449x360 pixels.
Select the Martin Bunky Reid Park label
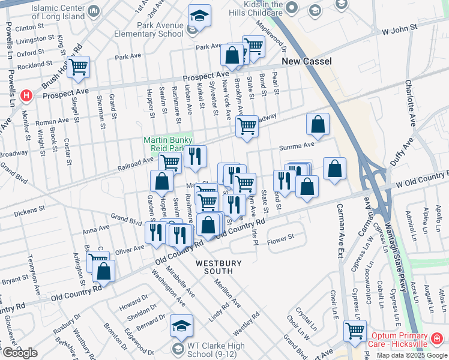pyautogui.click(x=164, y=144)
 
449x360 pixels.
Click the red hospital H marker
pyautogui.click(x=26, y=95)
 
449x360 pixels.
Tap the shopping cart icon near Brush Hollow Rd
pyautogui.click(x=78, y=67)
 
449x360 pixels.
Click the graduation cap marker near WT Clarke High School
pyautogui.click(x=181, y=325)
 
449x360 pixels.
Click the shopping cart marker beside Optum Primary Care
pyautogui.click(x=355, y=329)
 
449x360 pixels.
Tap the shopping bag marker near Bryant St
pyautogui.click(x=103, y=271)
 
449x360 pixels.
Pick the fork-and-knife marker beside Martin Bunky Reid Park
pyautogui.click(x=195, y=157)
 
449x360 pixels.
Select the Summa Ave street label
pyautogui.click(x=297, y=146)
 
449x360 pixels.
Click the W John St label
pyautogui.click(x=400, y=29)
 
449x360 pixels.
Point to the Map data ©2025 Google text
pyautogui.click(x=412, y=355)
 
